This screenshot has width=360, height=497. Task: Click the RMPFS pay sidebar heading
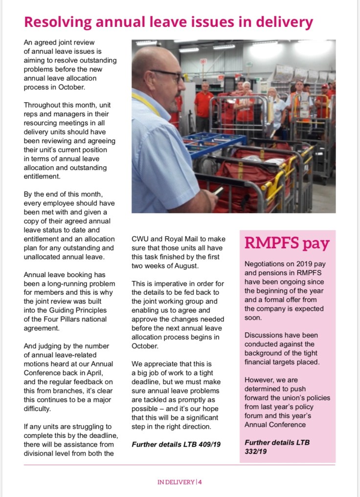click(287, 243)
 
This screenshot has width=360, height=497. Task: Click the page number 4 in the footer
click(200, 482)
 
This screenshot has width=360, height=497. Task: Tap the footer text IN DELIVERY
click(176, 482)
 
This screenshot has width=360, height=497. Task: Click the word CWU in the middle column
click(141, 239)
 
